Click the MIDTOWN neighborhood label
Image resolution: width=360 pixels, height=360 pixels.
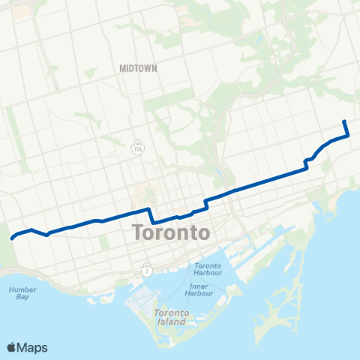[138, 68]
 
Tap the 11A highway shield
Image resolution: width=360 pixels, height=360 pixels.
[138, 148]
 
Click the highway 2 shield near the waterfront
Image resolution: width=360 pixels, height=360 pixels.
[147, 268]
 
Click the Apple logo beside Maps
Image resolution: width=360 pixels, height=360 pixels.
[12, 347]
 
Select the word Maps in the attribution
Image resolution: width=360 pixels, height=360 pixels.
[33, 347]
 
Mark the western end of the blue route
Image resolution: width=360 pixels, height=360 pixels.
[12, 238]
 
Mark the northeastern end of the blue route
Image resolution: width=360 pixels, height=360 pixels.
[344, 121]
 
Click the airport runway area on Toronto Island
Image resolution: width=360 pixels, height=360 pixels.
[142, 299]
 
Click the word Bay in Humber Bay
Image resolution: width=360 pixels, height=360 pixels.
[22, 296]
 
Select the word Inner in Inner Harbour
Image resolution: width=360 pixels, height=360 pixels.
[199, 286]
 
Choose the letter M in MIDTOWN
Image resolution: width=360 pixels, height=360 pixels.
[122, 68]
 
